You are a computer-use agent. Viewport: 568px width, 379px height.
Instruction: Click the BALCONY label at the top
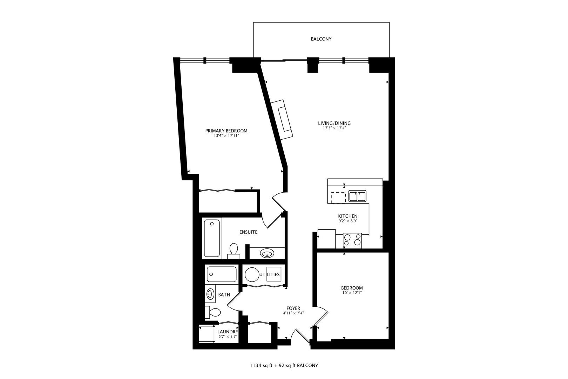(321, 39)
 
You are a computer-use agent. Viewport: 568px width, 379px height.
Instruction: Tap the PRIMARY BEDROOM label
(226, 131)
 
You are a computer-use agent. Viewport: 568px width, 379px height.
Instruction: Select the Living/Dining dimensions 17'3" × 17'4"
(334, 128)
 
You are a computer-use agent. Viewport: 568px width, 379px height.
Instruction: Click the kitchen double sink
(357, 196)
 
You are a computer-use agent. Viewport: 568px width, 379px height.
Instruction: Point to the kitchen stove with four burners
(352, 240)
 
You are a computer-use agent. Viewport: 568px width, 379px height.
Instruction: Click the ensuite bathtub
(212, 238)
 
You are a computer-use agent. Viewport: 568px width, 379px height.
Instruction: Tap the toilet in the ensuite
(234, 250)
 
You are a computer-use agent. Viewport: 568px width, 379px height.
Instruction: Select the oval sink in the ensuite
(267, 253)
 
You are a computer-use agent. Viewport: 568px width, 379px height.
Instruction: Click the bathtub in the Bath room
(222, 274)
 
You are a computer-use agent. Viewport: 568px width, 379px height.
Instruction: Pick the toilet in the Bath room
(213, 312)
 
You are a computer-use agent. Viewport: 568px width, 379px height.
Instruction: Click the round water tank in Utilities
(252, 274)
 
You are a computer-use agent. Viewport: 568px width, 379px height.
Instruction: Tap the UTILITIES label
(270, 274)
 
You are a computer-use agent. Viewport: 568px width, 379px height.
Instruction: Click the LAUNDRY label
(228, 332)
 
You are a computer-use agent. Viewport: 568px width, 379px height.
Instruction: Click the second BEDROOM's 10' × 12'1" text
(352, 292)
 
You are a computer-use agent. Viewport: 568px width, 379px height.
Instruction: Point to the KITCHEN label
(347, 216)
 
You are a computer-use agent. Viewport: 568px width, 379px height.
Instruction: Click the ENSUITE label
(248, 232)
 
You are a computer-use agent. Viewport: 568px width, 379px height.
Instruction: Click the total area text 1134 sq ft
(262, 365)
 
